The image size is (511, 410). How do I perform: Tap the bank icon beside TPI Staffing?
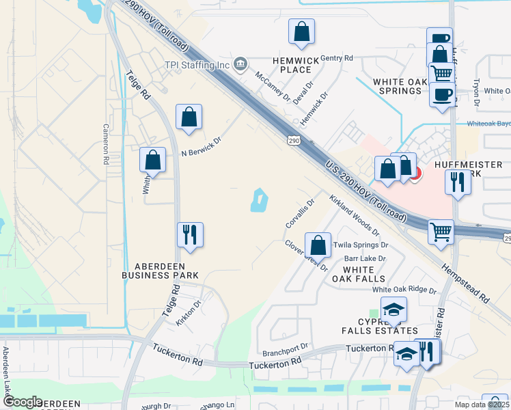pos(240,65)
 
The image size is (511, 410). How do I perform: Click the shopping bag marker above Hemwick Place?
pos(301,31)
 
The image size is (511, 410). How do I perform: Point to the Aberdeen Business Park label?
pos(160,270)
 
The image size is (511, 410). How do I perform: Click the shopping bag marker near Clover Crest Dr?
pos(318,245)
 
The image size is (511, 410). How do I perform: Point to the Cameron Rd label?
pos(106,143)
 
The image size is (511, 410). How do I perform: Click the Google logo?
pos(23,402)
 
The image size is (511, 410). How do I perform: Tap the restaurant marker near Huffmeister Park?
pos(457,182)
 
